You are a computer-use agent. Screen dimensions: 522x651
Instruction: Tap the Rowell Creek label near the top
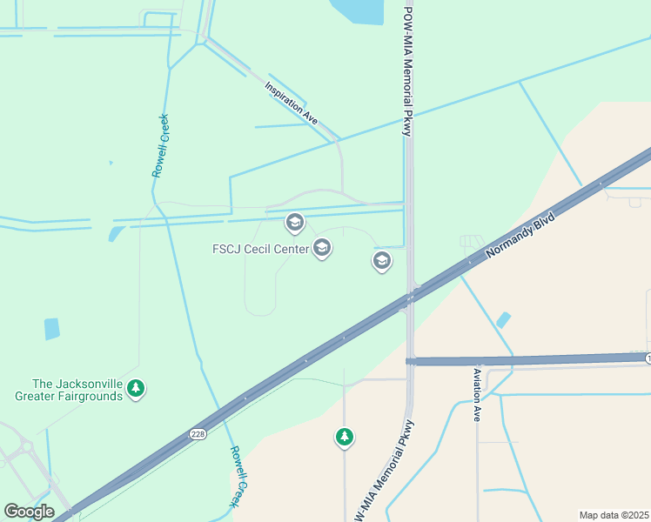(160, 146)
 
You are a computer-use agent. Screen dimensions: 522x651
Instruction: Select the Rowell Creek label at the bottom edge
(239, 477)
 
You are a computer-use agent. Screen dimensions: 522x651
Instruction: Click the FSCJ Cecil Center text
(260, 249)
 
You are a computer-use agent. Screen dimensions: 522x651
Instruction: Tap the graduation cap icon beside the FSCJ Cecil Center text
(322, 249)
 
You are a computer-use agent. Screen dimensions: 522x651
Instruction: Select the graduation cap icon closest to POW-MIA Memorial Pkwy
(381, 260)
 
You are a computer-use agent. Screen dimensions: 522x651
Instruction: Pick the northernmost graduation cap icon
(294, 223)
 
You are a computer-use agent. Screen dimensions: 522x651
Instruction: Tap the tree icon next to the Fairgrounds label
(135, 388)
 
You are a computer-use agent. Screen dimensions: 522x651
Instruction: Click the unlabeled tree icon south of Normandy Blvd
(345, 436)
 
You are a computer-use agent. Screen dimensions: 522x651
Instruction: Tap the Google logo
(29, 512)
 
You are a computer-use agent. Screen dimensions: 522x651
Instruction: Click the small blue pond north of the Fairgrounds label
(52, 329)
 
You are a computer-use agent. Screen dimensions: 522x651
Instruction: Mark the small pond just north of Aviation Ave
(503, 320)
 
